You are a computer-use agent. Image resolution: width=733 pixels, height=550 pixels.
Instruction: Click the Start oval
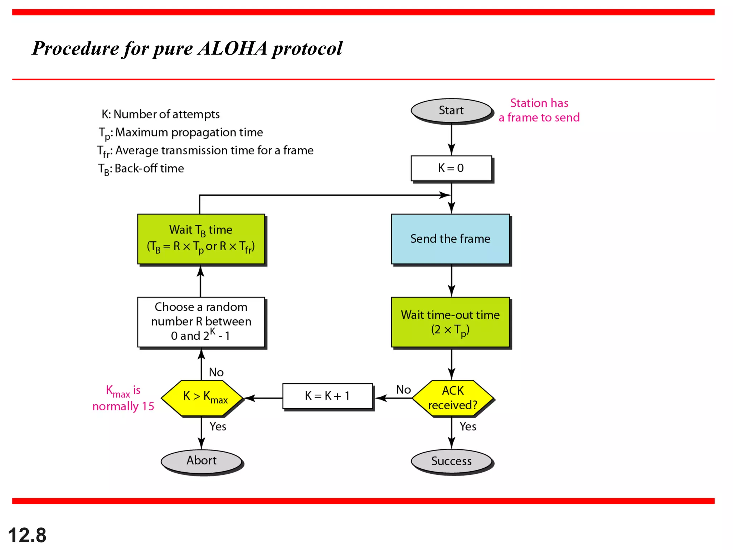[451, 110]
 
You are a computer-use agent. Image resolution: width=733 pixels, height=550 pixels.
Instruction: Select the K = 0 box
[451, 168]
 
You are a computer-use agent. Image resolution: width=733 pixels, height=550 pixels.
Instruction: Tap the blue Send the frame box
[450, 239]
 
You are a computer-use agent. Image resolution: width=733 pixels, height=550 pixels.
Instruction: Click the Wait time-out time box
[450, 322]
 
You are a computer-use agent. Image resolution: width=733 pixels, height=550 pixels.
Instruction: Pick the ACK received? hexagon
[452, 398]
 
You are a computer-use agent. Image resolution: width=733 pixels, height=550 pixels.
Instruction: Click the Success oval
[451, 461]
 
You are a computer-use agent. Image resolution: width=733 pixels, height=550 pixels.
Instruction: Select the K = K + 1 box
[327, 396]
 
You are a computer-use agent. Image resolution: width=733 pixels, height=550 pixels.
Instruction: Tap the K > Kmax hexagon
[203, 397]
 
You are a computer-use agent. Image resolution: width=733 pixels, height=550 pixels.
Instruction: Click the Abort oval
[202, 460]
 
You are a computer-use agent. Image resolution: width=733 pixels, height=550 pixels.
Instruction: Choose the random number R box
[201, 322]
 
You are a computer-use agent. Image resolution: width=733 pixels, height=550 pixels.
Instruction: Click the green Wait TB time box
[201, 239]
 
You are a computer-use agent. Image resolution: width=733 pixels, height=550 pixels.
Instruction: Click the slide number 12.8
[27, 535]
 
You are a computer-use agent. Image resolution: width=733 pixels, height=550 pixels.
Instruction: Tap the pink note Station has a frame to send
[539, 110]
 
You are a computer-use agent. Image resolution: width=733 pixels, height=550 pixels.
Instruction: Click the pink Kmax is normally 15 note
[123, 398]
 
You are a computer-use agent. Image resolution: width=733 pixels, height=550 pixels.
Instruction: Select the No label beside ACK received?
[403, 390]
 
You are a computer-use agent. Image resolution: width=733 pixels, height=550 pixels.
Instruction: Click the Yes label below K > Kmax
[218, 426]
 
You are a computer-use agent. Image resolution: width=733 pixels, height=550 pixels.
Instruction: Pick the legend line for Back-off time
[141, 169]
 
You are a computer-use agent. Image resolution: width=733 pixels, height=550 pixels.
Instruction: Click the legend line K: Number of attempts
[161, 114]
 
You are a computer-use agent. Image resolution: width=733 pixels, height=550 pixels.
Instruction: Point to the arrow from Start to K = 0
[451, 140]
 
